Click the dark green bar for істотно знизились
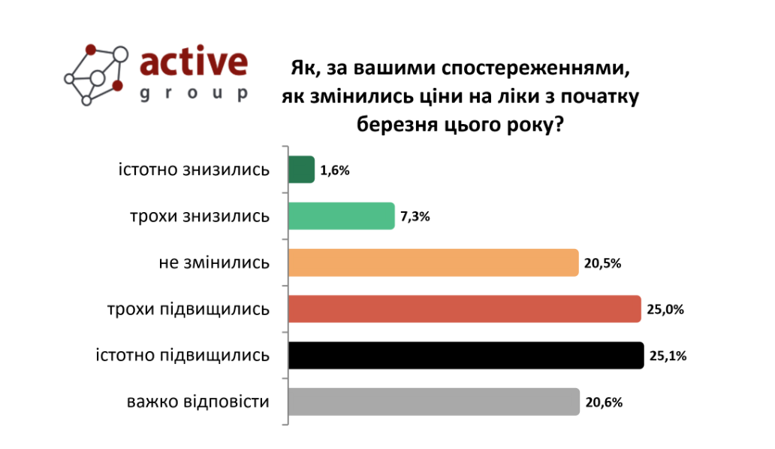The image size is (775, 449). tap(301, 169)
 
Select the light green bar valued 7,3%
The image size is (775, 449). tap(342, 216)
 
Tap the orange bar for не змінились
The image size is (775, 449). tap(433, 262)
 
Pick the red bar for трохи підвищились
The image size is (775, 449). tap(465, 309)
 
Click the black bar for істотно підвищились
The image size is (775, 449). tap(466, 355)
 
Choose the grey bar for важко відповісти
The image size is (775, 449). tap(434, 402)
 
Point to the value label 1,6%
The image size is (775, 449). tap(335, 170)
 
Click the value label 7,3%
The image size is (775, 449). tap(415, 217)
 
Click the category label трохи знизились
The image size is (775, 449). tap(199, 217)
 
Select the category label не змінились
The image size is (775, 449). tap(214, 263)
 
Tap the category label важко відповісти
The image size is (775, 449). tap(198, 402)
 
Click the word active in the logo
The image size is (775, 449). tap(194, 64)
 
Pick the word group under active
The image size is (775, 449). tap(194, 94)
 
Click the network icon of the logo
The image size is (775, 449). tap(95, 74)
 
